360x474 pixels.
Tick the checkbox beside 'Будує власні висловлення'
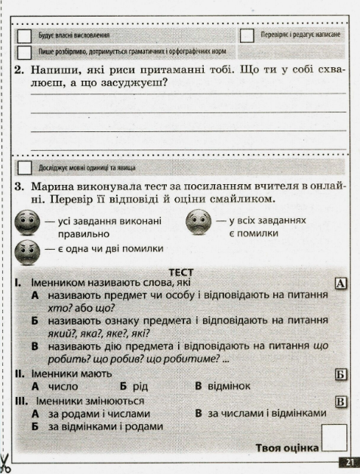pyautogui.click(x=25, y=35)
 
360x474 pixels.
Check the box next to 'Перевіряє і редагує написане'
pyautogui.click(x=246, y=35)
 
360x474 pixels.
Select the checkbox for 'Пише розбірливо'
pyautogui.click(x=25, y=52)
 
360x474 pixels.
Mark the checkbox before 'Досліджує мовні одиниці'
pyautogui.click(x=25, y=167)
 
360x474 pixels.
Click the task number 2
pyautogui.click(x=18, y=70)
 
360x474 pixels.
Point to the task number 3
pyautogui.click(x=18, y=186)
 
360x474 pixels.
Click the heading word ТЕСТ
pyautogui.click(x=181, y=272)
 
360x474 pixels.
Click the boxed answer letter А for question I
pyautogui.click(x=340, y=284)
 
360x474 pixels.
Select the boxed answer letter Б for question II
pyautogui.click(x=340, y=374)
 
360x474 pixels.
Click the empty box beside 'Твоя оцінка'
pyautogui.click(x=334, y=438)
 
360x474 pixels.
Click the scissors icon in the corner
pyautogui.click(x=6, y=460)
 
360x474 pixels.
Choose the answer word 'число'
pyautogui.click(x=60, y=386)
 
